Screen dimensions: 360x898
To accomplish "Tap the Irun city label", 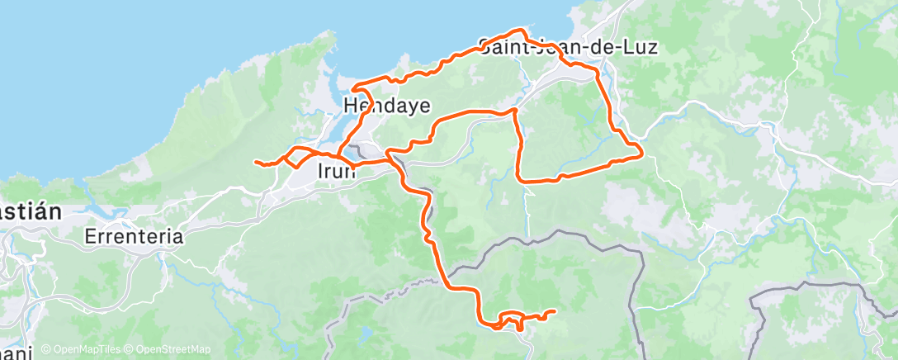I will pos(337,171).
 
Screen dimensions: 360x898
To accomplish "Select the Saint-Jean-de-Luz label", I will pos(568,47).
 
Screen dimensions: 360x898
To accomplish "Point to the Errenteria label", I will pos(134,236).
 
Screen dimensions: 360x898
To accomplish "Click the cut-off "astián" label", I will pos(30,211).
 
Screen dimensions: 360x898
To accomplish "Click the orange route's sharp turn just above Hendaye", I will pos(352,88).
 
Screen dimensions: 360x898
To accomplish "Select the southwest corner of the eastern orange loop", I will pos(518,178).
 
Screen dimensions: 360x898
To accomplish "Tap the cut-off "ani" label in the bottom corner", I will pos(17,352).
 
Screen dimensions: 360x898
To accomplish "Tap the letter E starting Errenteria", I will pos(90,236).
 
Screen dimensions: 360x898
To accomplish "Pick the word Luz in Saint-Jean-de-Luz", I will pos(641,47).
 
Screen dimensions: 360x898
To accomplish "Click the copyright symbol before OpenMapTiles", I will pos(45,349).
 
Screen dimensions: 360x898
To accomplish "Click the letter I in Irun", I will pos(320,171).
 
